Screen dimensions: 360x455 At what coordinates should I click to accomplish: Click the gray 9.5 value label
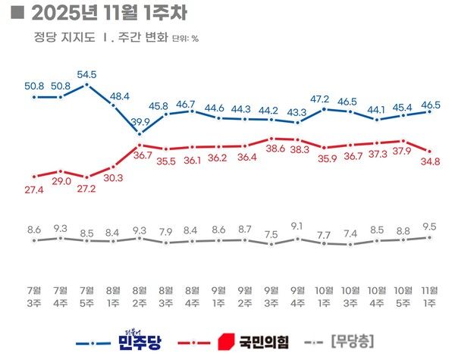(430, 225)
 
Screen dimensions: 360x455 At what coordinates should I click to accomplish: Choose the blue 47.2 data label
(325, 99)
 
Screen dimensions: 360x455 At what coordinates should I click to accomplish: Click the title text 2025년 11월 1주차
(108, 13)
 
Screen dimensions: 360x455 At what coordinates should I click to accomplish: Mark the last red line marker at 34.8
(430, 151)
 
